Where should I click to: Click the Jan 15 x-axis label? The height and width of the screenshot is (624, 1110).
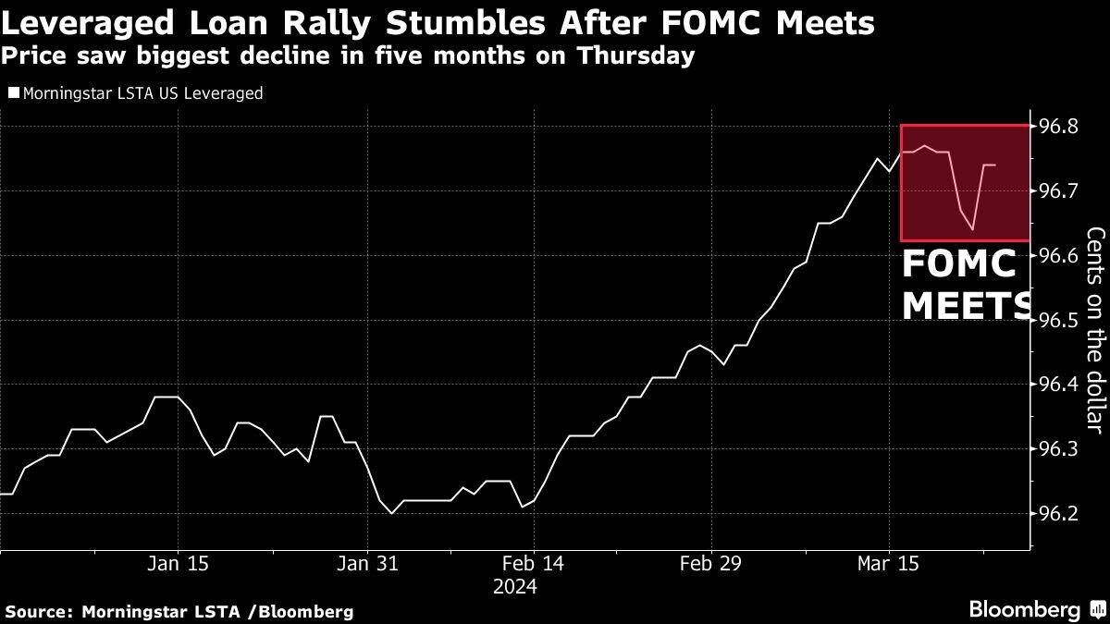point(178,564)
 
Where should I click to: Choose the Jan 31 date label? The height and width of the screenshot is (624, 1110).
point(368,564)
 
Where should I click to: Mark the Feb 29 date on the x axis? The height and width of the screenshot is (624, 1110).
point(711,564)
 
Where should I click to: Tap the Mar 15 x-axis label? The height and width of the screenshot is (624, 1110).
point(889,564)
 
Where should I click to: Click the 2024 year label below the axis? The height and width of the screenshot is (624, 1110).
point(514,586)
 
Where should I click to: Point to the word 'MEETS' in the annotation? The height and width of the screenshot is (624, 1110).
point(968,304)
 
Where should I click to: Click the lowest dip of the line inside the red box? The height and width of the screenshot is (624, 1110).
point(973,229)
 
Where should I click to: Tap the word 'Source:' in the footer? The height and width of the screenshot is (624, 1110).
point(39,611)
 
